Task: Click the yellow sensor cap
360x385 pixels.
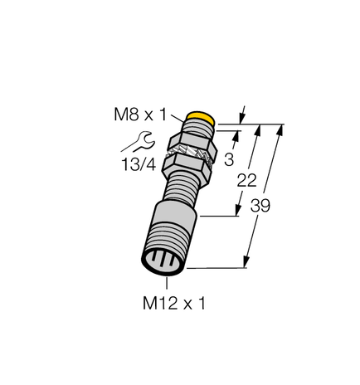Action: [x=202, y=119]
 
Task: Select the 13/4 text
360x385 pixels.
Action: [x=138, y=163]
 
